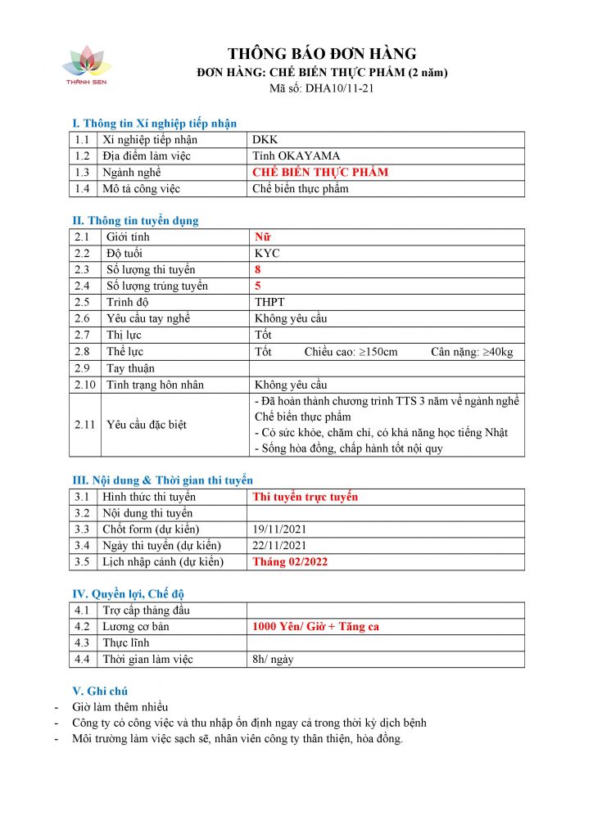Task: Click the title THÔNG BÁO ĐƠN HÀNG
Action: coord(322,54)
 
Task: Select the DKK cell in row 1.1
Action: coord(266,140)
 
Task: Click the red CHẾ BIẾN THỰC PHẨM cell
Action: coord(321,173)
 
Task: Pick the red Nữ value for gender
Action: coord(262,237)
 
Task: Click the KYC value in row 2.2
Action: coord(267,254)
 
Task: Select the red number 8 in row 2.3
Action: coord(258,270)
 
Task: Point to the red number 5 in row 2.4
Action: coord(258,286)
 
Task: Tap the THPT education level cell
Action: coord(269,303)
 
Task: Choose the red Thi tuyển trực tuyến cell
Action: coord(306,497)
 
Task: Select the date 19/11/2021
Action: coord(280,529)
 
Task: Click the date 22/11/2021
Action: coord(280,546)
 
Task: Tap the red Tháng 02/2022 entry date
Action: coord(292,562)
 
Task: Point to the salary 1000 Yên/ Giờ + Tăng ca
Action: coord(316,627)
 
